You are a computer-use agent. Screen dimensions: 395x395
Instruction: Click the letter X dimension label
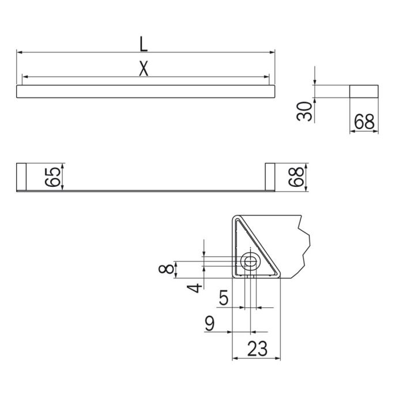[x=144, y=69]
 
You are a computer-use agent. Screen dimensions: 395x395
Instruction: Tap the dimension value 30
[x=306, y=110]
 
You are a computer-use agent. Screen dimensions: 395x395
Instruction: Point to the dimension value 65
[x=52, y=176]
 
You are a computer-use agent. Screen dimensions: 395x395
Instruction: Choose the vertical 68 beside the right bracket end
[x=296, y=176]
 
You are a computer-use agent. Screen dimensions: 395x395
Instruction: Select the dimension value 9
[x=211, y=324]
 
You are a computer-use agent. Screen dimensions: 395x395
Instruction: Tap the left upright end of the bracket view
[x=21, y=176]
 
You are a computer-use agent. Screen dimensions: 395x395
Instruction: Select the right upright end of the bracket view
[x=270, y=176]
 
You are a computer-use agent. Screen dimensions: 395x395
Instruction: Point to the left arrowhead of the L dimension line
[x=18, y=52]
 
